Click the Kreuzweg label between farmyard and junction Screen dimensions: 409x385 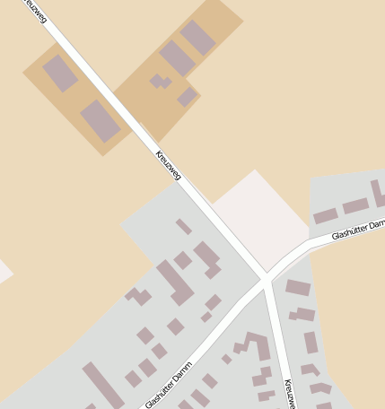(x=169, y=165)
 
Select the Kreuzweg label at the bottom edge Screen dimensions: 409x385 (x=289, y=394)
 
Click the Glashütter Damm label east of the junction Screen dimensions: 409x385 (x=357, y=229)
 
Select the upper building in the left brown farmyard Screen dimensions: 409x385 (x=60, y=74)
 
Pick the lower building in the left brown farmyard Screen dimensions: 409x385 (x=101, y=121)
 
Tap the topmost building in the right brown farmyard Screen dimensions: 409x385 (x=197, y=37)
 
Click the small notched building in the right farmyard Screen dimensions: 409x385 (x=161, y=83)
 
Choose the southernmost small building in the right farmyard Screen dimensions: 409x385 (x=187, y=97)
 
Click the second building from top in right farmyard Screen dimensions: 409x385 (x=177, y=58)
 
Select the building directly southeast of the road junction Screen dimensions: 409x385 (x=298, y=288)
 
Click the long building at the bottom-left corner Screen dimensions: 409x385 (x=102, y=386)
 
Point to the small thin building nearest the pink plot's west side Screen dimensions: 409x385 (x=184, y=226)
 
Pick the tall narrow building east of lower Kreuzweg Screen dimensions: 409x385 (x=311, y=343)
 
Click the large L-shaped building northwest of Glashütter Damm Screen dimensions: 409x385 (x=176, y=282)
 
